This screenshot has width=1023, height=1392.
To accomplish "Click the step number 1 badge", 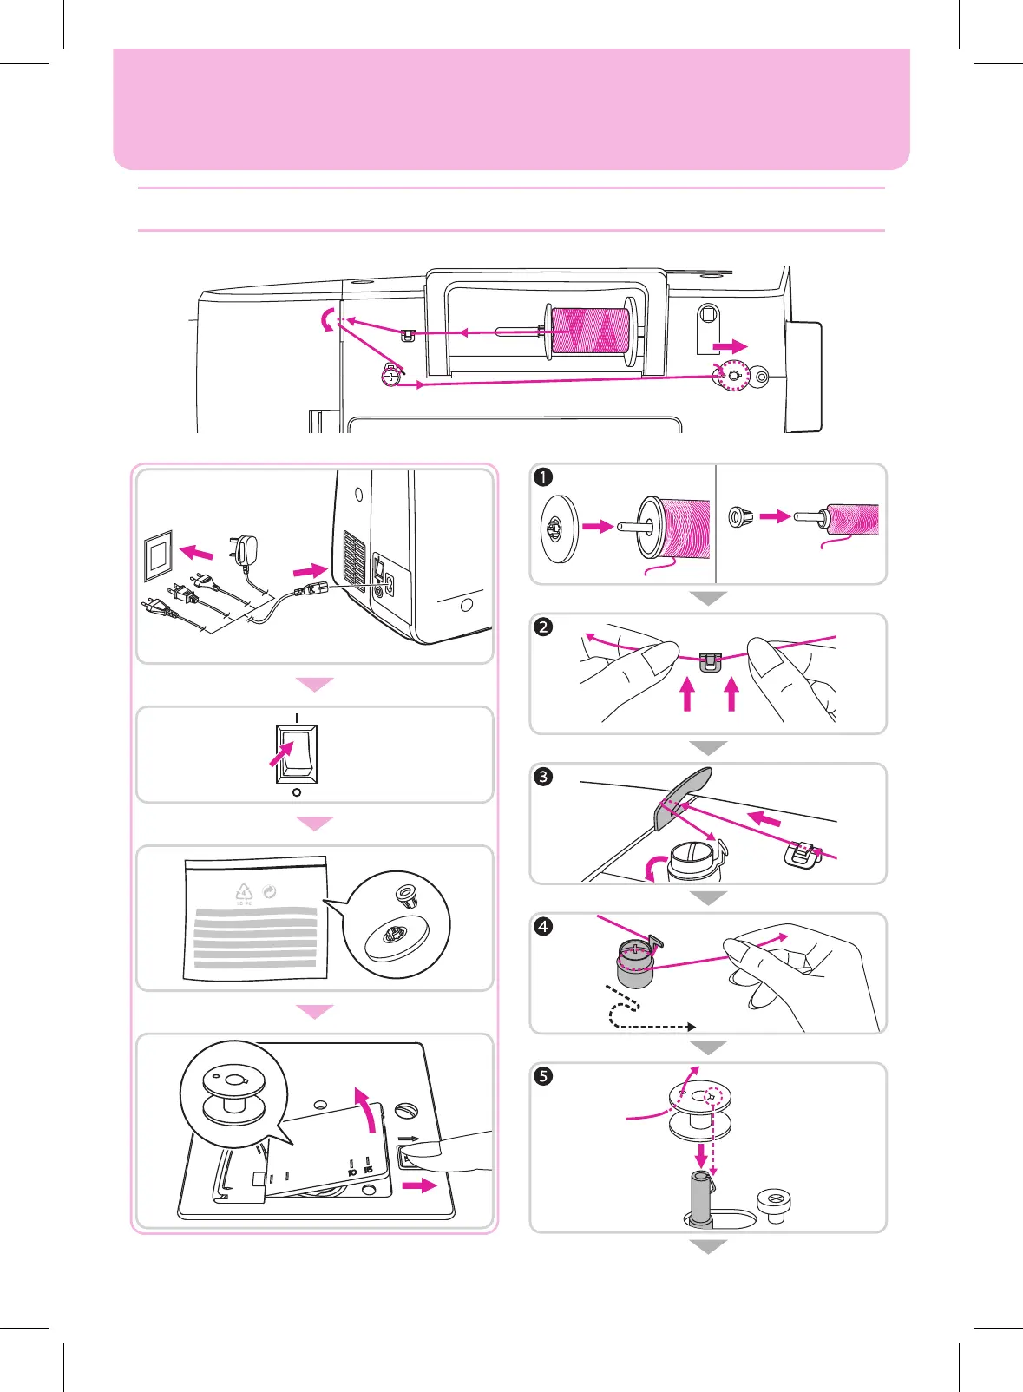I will pyautogui.click(x=543, y=476).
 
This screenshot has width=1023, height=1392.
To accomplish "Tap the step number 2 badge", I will pyautogui.click(x=543, y=627).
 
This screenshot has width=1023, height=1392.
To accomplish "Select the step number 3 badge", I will pyautogui.click(x=543, y=776).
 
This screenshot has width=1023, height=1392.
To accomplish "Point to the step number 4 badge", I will pyautogui.click(x=543, y=926).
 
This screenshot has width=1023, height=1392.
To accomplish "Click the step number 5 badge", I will pyautogui.click(x=543, y=1076).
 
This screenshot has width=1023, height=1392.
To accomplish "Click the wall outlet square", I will pyautogui.click(x=158, y=554).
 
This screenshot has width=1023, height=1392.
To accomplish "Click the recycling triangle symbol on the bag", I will pyautogui.click(x=244, y=892).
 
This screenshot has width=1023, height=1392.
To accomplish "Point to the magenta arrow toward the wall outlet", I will pyautogui.click(x=196, y=552).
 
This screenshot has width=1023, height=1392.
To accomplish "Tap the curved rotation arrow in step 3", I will pyautogui.click(x=656, y=866).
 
